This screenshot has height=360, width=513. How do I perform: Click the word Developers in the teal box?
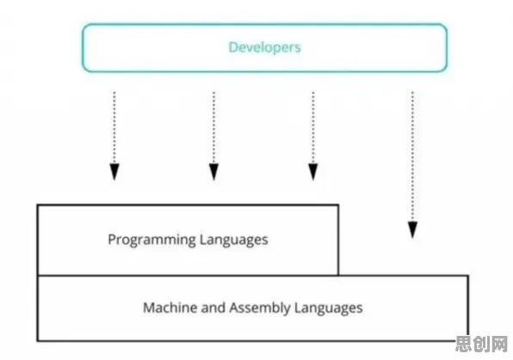point(264,47)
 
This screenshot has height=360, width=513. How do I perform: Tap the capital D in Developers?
point(232,47)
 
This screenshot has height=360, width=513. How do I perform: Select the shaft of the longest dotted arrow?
point(412,157)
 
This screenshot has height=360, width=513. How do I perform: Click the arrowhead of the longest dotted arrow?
point(412,230)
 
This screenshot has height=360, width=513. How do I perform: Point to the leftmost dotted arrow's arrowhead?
point(114,172)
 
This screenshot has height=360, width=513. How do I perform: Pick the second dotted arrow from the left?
point(213,136)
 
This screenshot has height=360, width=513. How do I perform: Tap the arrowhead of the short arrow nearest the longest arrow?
point(313,172)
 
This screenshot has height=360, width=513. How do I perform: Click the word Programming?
point(151,240)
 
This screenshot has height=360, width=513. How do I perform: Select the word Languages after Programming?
point(233,240)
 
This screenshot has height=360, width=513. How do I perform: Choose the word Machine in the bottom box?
point(170,307)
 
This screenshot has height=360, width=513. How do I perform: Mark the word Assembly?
point(260,308)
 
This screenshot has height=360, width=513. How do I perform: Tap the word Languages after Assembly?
point(329,308)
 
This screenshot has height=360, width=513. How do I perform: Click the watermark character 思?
point(464,344)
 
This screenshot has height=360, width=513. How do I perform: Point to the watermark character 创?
point(481,344)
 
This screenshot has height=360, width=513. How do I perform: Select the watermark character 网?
point(498,344)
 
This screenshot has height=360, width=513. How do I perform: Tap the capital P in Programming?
point(112,239)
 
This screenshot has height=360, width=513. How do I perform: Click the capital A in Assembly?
point(234,307)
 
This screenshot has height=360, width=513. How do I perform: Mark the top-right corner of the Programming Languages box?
point(338,205)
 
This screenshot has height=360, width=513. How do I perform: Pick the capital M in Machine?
point(149,307)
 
